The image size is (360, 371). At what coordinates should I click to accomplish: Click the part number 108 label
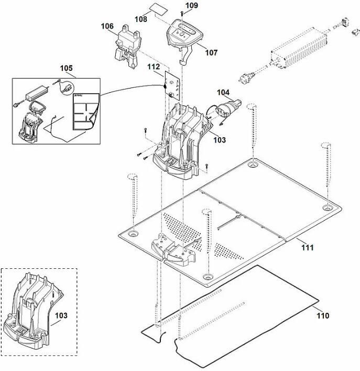[141, 19]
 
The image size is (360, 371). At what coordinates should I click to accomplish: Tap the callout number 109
[192, 5]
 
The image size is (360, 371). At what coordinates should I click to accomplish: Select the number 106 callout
[107, 26]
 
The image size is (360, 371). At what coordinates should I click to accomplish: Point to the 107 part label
[211, 52]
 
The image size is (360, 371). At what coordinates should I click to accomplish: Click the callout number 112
[154, 67]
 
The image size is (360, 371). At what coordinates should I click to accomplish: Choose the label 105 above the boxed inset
[66, 68]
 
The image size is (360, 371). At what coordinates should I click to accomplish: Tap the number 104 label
[223, 92]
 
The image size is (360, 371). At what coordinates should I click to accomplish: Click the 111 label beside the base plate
[308, 248]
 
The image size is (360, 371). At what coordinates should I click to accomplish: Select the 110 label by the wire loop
[323, 315]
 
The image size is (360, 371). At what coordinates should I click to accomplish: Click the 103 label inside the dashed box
[61, 315]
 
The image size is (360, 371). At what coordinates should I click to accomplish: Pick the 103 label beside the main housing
[220, 140]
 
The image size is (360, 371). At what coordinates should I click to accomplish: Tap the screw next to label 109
[182, 13]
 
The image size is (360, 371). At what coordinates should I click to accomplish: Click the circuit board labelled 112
[172, 85]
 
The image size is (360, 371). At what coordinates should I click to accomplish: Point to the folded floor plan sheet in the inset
[86, 112]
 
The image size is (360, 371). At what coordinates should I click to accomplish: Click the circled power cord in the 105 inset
[67, 88]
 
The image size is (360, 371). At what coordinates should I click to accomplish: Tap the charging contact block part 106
[128, 46]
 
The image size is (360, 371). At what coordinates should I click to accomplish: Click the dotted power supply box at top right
[299, 48]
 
